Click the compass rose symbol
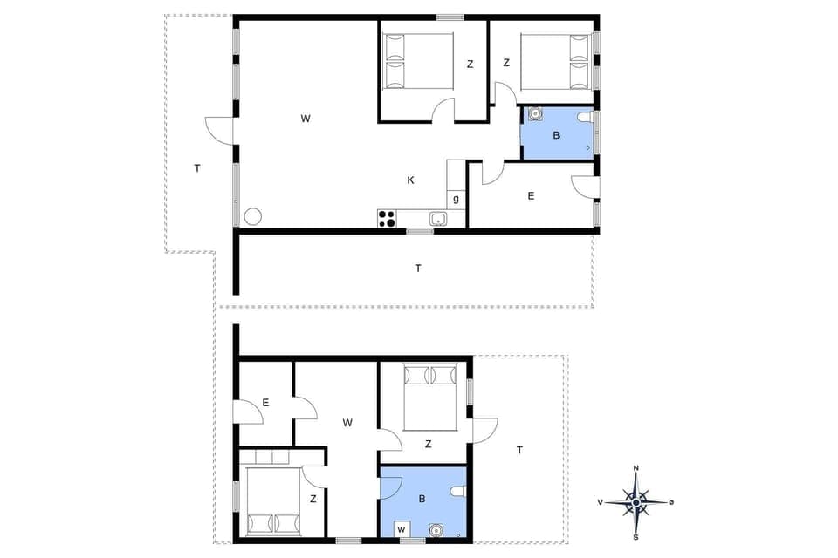coord(636,502)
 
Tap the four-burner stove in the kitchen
coord(387,219)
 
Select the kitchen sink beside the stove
coord(438,219)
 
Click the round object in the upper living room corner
coord(253,216)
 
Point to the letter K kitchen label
coord(410,180)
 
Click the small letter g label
coord(456,200)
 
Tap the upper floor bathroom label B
coord(556,135)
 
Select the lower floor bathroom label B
coord(422,500)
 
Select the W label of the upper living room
coord(306,118)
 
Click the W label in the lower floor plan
coord(347,423)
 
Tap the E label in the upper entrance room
coord(531,196)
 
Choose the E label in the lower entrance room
coord(265,403)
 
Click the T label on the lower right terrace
coord(519,450)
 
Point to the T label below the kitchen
coord(418,269)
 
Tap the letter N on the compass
coord(636,469)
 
